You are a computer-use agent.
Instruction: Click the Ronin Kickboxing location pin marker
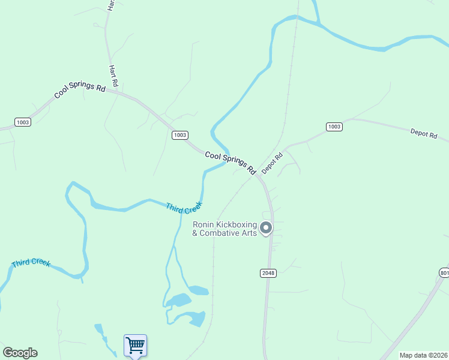tap(266, 228)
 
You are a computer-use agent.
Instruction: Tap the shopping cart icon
tap(136, 345)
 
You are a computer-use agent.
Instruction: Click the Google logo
tap(20, 353)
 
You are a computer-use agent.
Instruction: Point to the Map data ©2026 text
tap(423, 355)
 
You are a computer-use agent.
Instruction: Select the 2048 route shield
tap(268, 273)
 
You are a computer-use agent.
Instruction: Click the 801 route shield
tap(444, 273)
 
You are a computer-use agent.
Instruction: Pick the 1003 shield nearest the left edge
tap(23, 122)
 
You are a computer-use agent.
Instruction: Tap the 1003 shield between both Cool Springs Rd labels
tap(179, 135)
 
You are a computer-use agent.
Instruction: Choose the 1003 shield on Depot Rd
tap(334, 127)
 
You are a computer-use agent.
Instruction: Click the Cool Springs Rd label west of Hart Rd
tap(80, 90)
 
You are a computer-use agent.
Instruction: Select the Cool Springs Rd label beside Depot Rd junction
tap(231, 163)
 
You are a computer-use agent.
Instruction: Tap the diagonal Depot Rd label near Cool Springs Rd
tap(272, 163)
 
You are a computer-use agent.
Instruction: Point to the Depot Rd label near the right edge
tap(424, 134)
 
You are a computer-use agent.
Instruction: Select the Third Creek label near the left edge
tap(31, 263)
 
